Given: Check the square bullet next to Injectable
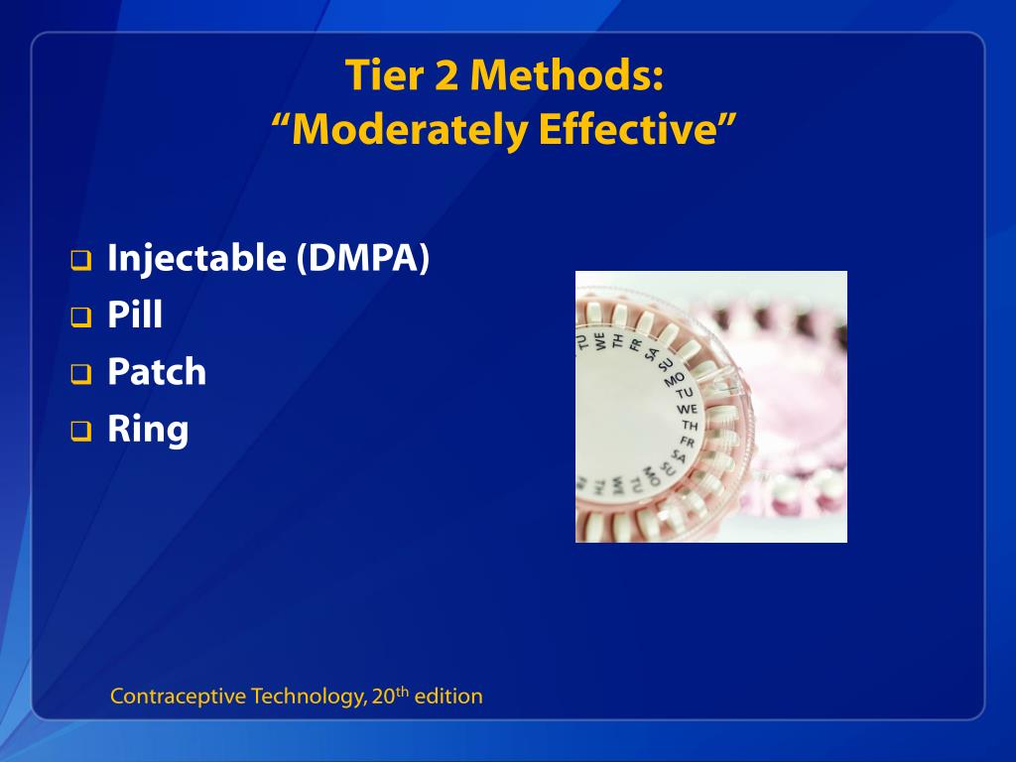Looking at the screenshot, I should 80,263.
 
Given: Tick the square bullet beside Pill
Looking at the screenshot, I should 80,319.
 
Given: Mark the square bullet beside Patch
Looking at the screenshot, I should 80,376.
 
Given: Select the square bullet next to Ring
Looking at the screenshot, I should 80,433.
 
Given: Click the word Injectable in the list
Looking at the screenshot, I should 195,259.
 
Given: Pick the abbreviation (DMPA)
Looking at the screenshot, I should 362,259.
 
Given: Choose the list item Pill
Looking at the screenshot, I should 135,316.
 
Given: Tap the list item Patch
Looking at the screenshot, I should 157,372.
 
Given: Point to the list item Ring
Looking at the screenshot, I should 148,430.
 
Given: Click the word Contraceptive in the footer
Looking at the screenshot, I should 178,697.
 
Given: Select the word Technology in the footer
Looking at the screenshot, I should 307,697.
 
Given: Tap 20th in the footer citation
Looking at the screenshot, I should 390,696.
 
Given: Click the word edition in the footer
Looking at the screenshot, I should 448,697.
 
